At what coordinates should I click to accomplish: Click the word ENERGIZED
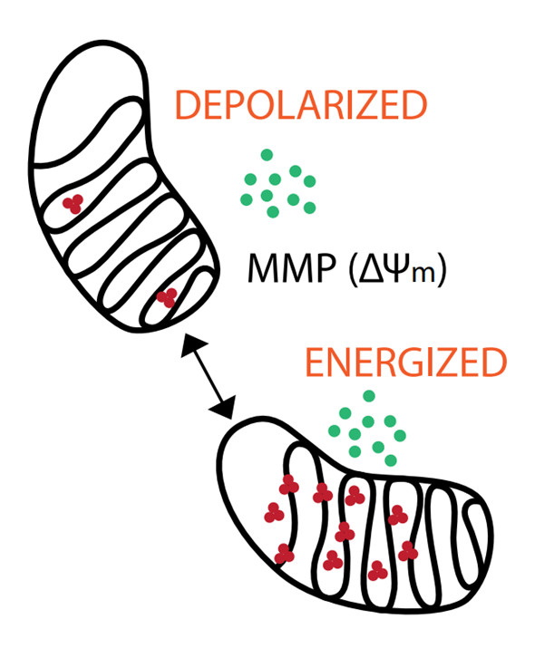(403, 363)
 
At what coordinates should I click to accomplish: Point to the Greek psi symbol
(395, 269)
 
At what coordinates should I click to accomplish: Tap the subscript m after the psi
(422, 275)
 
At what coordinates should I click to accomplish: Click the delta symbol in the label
(371, 269)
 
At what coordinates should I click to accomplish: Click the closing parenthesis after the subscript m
(440, 270)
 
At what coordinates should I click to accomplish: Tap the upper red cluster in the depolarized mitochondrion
(73, 204)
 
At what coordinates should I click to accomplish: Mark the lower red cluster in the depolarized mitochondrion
(166, 296)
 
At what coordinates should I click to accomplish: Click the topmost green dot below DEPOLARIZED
(267, 155)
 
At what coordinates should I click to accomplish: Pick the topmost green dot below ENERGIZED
(368, 395)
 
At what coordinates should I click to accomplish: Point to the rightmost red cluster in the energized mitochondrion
(407, 550)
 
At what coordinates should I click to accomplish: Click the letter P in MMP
(324, 269)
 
